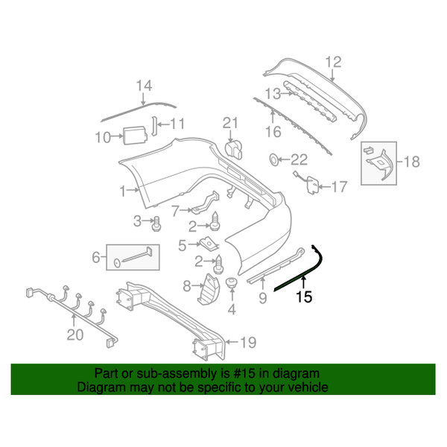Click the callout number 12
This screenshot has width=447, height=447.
tap(333, 62)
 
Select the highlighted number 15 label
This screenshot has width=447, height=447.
tap(304, 297)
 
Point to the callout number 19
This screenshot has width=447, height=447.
tap(247, 343)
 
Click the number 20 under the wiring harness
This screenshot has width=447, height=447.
tap(75, 335)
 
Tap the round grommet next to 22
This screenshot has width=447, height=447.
tap(274, 159)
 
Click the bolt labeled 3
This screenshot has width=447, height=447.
tap(157, 221)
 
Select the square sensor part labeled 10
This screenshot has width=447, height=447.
tap(134, 135)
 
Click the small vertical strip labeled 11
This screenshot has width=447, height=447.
tap(154, 125)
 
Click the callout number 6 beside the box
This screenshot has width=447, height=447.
tap(95, 258)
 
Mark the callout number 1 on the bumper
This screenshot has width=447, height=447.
tap(124, 191)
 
